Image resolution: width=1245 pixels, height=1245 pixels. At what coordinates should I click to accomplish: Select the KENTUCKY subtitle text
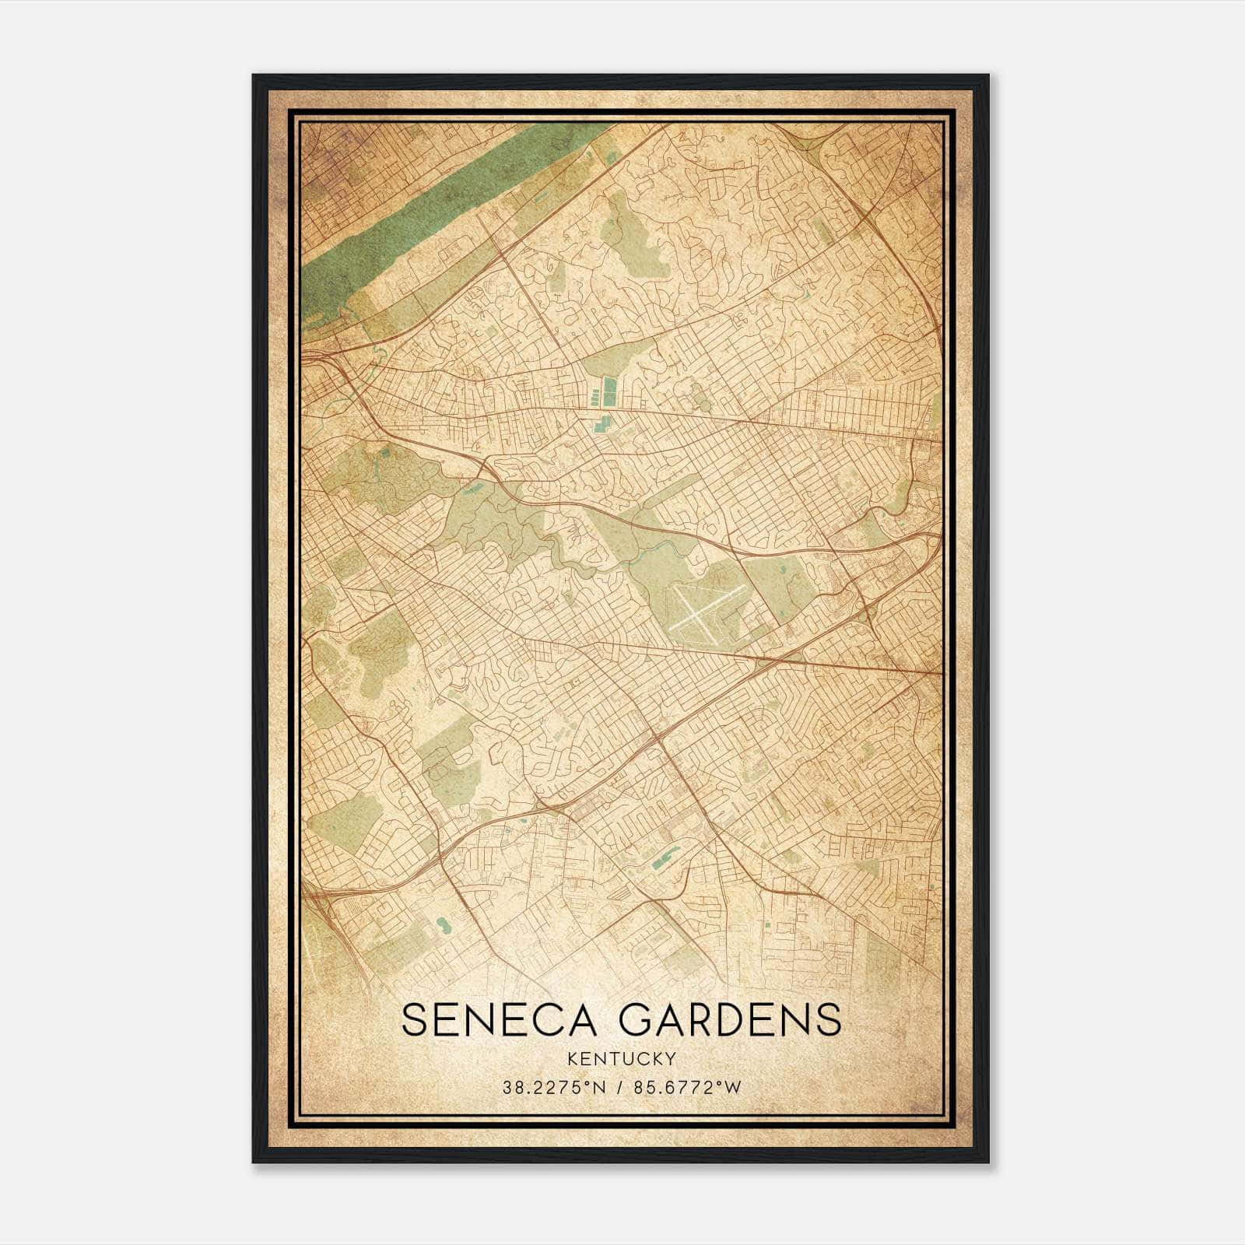tap(621, 1059)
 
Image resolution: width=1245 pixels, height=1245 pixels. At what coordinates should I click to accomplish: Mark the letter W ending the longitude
tap(734, 1088)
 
